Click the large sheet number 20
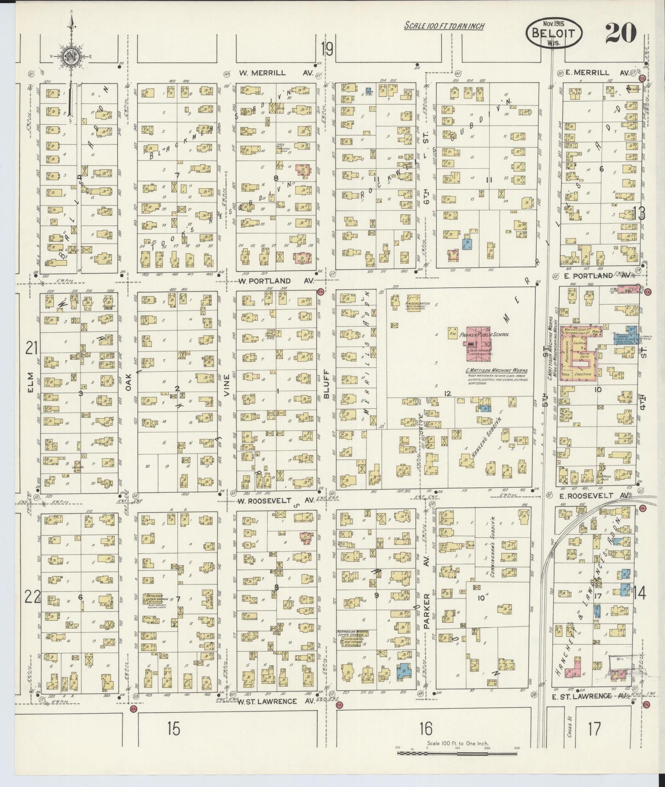click(x=620, y=33)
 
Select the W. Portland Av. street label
click(x=277, y=281)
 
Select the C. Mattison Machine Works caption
click(x=497, y=371)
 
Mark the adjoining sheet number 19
click(x=327, y=48)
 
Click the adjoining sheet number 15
click(x=173, y=729)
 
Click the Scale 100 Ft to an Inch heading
click(x=444, y=26)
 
